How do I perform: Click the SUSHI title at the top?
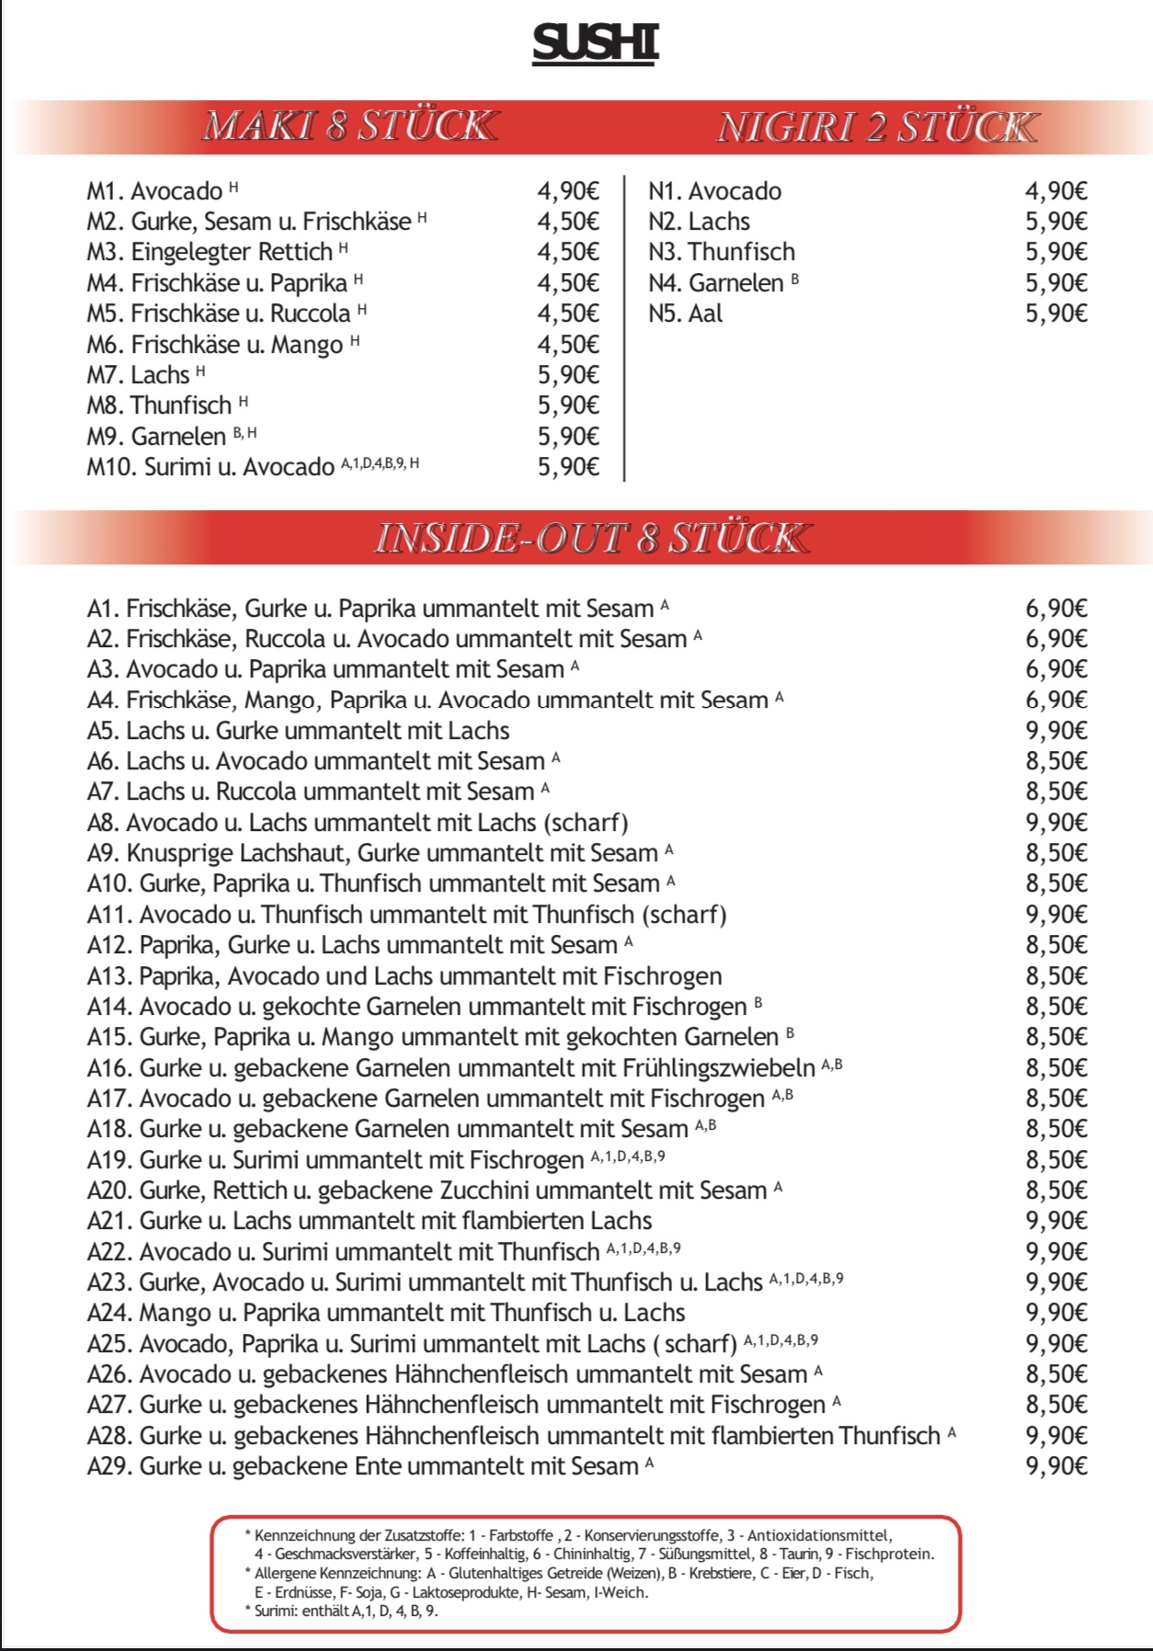(x=595, y=43)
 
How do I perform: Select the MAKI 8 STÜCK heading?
(x=349, y=126)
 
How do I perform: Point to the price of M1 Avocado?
(x=568, y=191)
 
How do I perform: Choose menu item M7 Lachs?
(x=139, y=375)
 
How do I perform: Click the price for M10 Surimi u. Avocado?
(x=568, y=467)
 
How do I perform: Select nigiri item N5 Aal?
(x=685, y=313)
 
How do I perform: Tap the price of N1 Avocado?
(x=1056, y=191)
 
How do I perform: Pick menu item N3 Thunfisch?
(x=722, y=252)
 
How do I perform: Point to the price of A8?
(x=1056, y=823)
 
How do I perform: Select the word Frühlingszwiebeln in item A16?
(x=719, y=1068)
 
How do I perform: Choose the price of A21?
(x=1056, y=1221)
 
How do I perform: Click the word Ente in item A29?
(x=378, y=1466)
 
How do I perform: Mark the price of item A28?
(x=1056, y=1436)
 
